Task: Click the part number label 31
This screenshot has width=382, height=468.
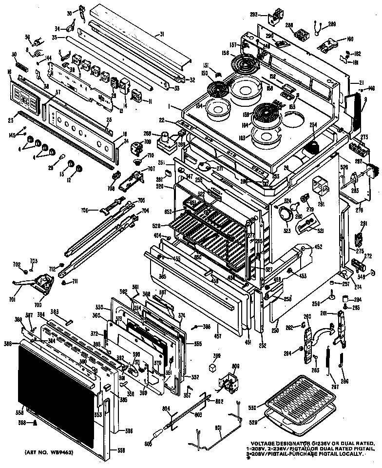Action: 161,34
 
